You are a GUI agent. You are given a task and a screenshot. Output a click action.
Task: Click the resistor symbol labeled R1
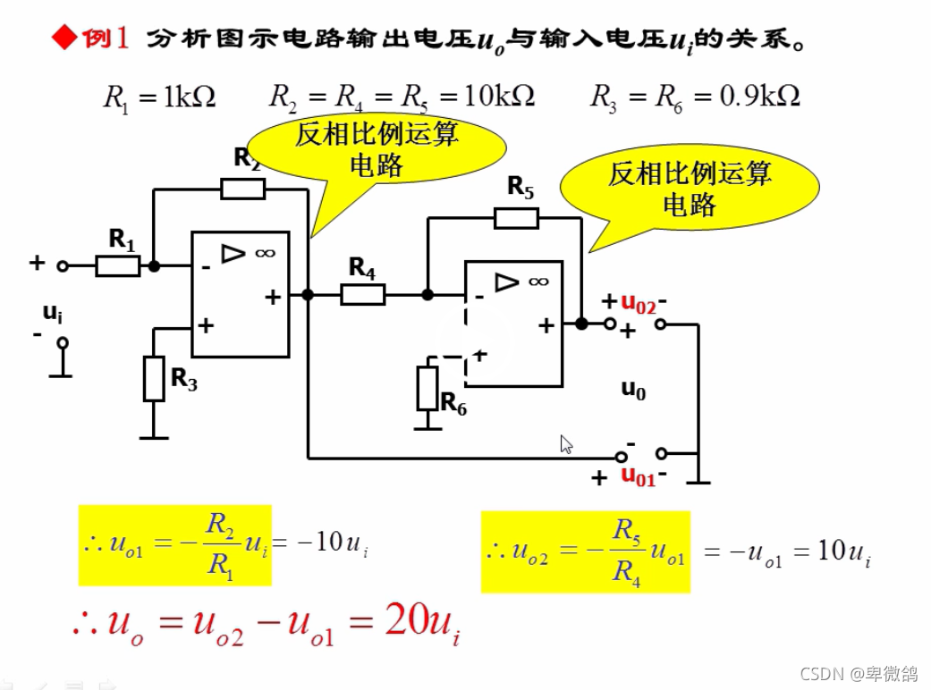[x=118, y=265]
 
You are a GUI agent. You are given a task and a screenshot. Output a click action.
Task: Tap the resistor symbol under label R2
[x=242, y=189]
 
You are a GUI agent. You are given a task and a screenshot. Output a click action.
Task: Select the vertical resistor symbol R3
[x=155, y=378]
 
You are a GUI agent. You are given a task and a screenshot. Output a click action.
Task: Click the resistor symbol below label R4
[x=363, y=294]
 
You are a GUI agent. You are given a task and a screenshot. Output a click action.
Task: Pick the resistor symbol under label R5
[x=516, y=218]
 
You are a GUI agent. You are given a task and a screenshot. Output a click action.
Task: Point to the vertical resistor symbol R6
[x=428, y=388]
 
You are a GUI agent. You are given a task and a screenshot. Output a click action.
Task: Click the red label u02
[x=639, y=304]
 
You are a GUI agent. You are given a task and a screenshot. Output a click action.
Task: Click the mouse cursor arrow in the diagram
[x=566, y=444]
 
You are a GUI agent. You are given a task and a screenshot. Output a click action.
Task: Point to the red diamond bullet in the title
[x=63, y=38]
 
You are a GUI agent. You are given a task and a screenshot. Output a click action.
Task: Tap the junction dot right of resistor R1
[x=154, y=265]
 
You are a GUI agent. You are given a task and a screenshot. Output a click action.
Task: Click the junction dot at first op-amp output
[x=308, y=294]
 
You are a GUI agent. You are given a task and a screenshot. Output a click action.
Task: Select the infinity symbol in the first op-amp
[x=265, y=253]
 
